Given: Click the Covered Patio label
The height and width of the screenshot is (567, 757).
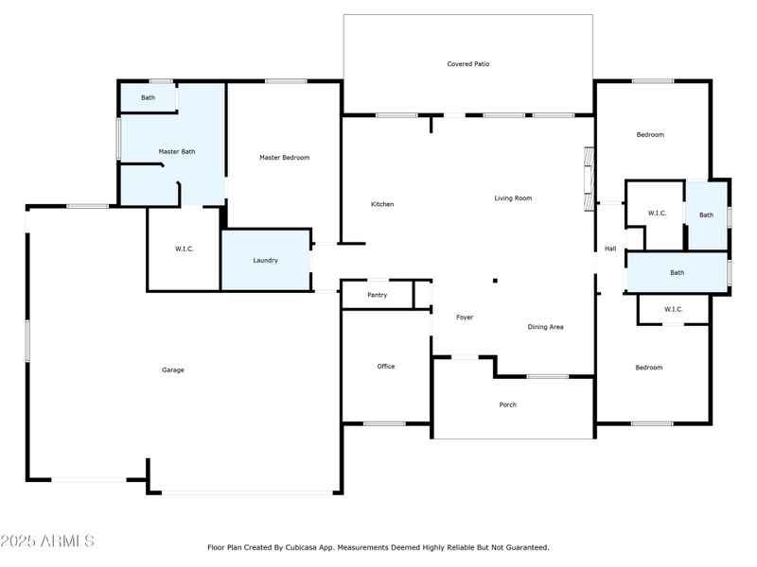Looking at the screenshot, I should (x=468, y=64).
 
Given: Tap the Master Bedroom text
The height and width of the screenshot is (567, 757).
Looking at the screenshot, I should (x=284, y=158).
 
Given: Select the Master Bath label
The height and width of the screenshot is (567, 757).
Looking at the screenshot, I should (x=176, y=151).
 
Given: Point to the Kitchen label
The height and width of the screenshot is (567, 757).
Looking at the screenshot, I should (x=382, y=204).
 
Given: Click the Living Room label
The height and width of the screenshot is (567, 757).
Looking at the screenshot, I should (x=513, y=198).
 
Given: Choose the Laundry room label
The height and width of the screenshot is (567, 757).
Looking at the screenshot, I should (x=265, y=260).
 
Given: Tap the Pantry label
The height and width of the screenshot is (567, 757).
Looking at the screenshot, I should (x=378, y=295).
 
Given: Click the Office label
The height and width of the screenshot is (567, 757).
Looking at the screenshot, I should (x=386, y=366).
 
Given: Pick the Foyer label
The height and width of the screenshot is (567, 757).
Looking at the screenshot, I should (x=464, y=318).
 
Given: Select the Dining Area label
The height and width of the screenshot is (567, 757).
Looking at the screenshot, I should (x=545, y=327).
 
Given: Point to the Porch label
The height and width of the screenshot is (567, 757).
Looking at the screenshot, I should (x=508, y=404).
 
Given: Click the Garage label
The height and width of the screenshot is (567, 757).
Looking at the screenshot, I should (x=172, y=369).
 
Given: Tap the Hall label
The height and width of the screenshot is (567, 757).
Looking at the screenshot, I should (x=610, y=249).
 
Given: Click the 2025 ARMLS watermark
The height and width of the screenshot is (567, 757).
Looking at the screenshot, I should (x=47, y=541).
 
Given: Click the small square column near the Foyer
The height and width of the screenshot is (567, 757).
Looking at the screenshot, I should (x=493, y=280).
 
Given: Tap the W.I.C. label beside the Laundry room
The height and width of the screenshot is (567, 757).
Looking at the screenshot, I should (x=184, y=249).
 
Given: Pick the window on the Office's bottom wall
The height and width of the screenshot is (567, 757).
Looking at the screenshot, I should (x=384, y=423).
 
